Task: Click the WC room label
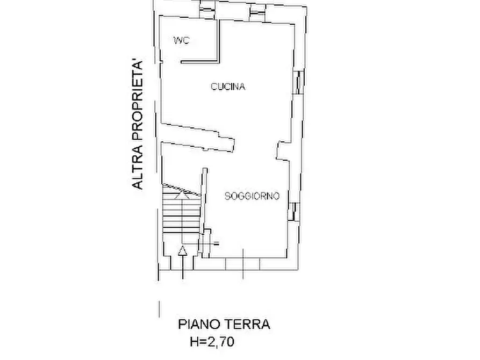(x=181, y=41)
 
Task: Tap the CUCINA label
(x=228, y=87)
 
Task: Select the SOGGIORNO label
(x=252, y=197)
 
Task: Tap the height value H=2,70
(x=212, y=341)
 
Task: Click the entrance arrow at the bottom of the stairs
(x=182, y=251)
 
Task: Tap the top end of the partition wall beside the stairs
(x=204, y=171)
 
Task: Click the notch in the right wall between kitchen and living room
(x=282, y=150)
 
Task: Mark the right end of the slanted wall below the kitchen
(x=232, y=143)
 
